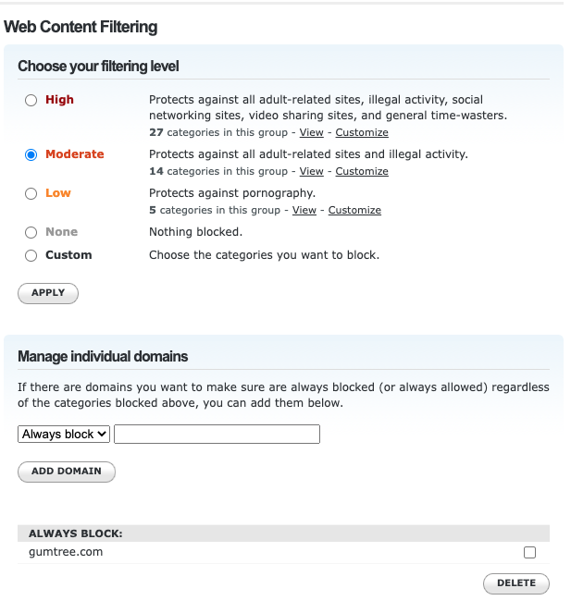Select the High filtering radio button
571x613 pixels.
[x=31, y=100]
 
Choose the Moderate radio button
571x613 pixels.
[x=31, y=154]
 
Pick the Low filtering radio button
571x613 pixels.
[x=31, y=193]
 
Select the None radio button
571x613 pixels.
[x=31, y=232]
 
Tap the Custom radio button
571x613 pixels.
[x=31, y=255]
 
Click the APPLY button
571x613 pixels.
[x=48, y=293]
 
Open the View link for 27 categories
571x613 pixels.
[x=311, y=133]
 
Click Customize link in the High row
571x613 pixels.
[x=362, y=133]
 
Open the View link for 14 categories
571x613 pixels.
[x=311, y=172]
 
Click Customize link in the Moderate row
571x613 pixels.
[x=362, y=172]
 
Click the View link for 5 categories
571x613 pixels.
[x=304, y=211]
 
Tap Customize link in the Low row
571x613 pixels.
[x=354, y=211]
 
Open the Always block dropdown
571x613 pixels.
[x=64, y=434]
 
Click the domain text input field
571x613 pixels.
[x=217, y=434]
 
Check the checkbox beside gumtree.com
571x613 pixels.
[x=529, y=553]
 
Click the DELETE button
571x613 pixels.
[x=515, y=583]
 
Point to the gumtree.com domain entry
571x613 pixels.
[x=66, y=552]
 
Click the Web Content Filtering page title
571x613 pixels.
[x=81, y=27]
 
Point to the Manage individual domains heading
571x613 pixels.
[x=103, y=356]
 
